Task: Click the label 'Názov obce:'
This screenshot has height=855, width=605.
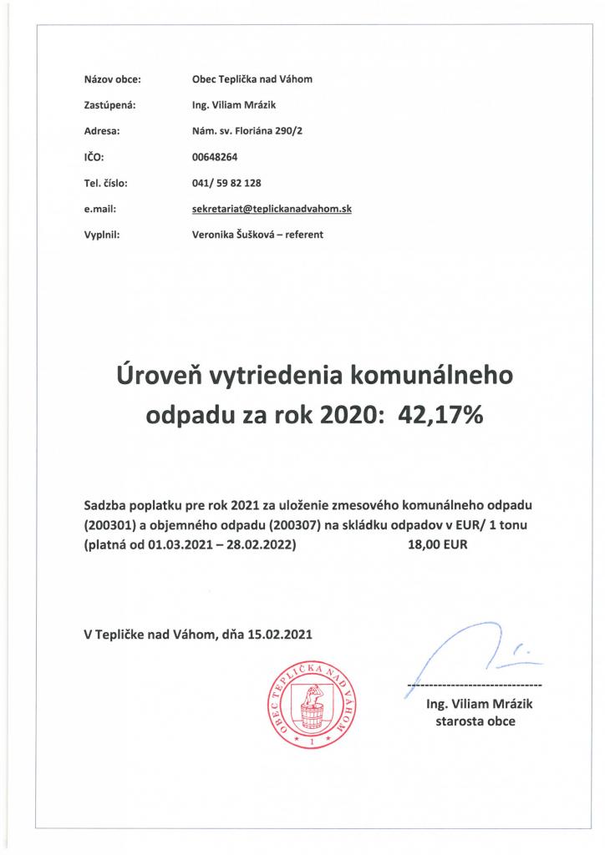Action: point(113,80)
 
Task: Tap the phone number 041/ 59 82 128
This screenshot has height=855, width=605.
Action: point(227,183)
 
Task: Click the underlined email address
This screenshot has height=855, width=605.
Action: point(272,209)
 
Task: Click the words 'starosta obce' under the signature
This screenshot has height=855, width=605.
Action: point(475,721)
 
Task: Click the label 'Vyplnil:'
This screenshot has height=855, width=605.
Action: point(104,235)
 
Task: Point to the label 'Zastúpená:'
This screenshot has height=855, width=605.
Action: point(109,106)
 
